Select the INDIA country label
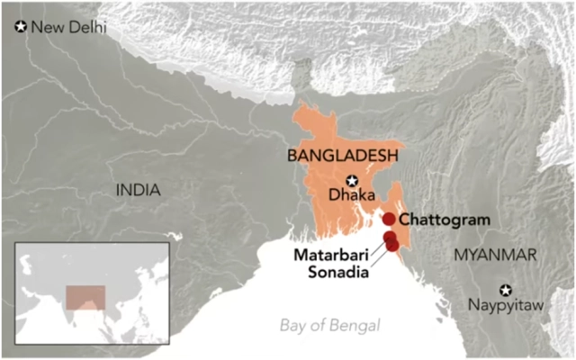(x=138, y=190)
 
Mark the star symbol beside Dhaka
(x=353, y=179)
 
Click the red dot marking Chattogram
(x=389, y=219)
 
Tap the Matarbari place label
(x=331, y=256)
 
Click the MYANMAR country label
(x=494, y=255)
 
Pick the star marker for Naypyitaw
(x=507, y=290)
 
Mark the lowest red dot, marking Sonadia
(x=392, y=245)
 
